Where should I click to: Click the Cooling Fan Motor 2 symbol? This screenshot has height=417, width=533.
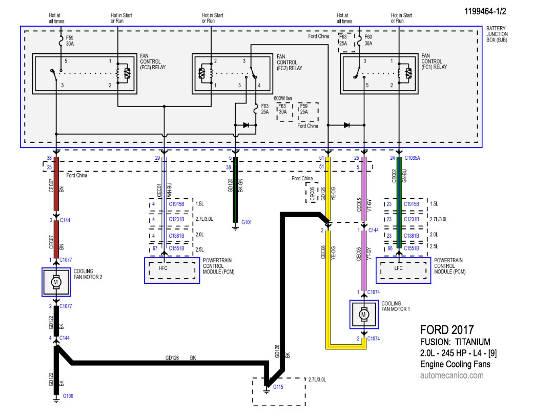[56, 282]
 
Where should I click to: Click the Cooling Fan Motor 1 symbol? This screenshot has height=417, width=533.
[364, 315]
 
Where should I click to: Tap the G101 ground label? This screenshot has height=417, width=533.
[247, 222]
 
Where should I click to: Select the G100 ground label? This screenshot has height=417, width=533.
[68, 396]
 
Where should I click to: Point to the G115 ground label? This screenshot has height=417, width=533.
[278, 387]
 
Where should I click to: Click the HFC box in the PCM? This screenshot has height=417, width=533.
[172, 270]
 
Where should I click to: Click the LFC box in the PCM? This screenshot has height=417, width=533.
[403, 270]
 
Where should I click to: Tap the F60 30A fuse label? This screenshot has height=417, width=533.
[368, 40]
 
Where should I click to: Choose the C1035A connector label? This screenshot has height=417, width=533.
[412, 158]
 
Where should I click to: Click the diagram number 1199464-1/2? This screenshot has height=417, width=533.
[485, 11]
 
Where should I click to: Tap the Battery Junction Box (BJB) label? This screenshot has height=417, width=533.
[497, 34]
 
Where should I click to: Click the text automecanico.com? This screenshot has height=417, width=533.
[452, 376]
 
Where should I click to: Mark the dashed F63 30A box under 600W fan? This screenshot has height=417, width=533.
[284, 112]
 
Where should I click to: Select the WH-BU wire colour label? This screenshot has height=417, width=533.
[169, 191]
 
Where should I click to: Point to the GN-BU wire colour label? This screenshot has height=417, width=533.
[404, 176]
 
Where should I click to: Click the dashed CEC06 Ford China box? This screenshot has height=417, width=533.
[312, 193]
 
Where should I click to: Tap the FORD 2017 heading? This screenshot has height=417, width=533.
[447, 330]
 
